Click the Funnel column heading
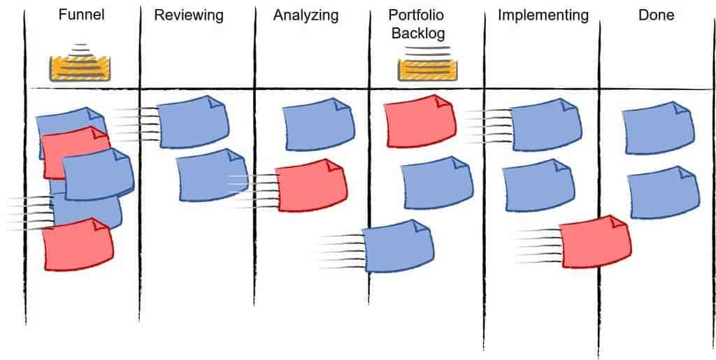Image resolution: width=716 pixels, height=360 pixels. tap(81, 15)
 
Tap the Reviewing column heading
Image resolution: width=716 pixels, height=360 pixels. tap(189, 15)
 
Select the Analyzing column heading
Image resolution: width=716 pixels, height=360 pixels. tap(306, 15)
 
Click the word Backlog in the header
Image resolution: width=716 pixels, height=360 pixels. tap(419, 33)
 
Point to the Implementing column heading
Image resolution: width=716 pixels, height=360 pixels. tap(543, 15)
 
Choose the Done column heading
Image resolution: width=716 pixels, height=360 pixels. tap(656, 15)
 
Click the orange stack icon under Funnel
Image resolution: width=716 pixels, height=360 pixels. tap(80, 64)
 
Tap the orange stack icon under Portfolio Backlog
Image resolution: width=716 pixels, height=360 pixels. tap(427, 64)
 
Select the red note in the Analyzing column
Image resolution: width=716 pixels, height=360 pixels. tap(311, 185)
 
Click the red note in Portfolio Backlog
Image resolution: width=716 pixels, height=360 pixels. tap(420, 121)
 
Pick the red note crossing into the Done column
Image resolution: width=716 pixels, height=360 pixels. tap(596, 242)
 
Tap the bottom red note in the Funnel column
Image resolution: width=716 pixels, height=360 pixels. tap(78, 245)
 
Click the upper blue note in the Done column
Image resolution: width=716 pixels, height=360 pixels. tap(659, 128)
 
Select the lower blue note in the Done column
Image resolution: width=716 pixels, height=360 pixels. tap(663, 192)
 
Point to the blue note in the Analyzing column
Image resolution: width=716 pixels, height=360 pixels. tap(318, 124)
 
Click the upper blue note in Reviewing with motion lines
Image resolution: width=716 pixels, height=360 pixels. tap(193, 122)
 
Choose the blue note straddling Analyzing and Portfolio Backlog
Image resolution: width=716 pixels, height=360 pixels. tap(398, 246)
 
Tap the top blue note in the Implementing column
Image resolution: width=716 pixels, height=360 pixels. tap(545, 124)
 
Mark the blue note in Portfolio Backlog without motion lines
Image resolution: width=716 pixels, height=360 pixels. tap(437, 183)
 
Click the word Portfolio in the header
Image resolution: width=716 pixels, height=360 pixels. tap(416, 15)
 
